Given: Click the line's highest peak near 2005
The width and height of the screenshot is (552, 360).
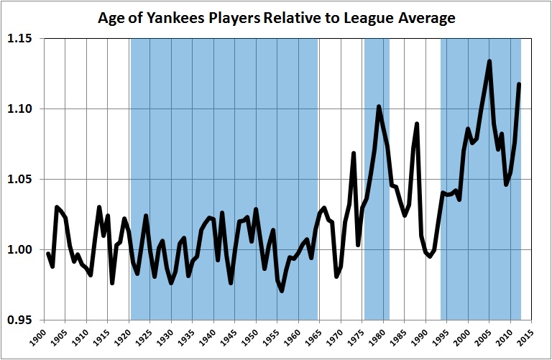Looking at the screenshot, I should [489, 61].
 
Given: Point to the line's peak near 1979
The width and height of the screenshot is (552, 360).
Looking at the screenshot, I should [379, 107].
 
